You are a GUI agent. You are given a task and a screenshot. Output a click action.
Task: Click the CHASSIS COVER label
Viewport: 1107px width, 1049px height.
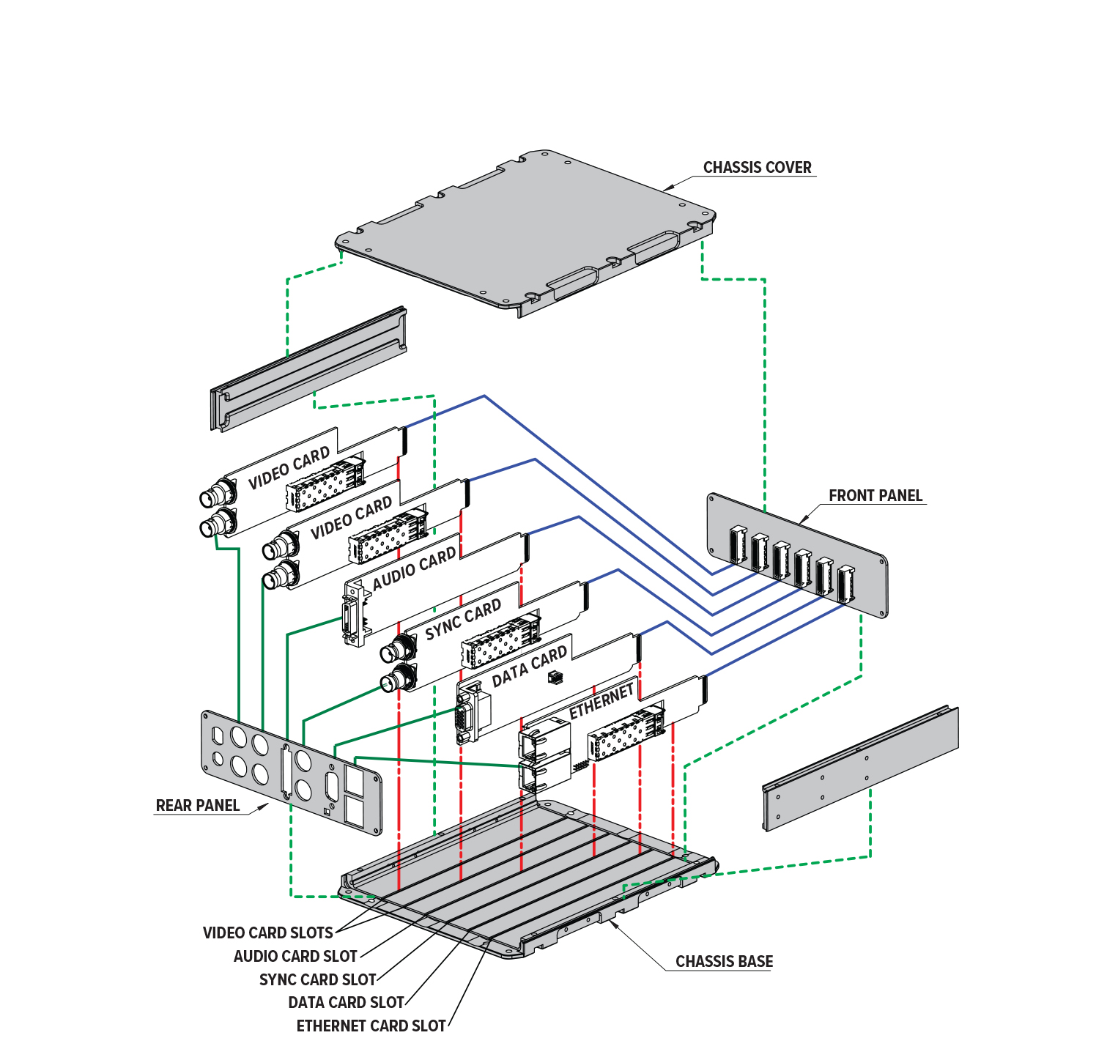tap(757, 168)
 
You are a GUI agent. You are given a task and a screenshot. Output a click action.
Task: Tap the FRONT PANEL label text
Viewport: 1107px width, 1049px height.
tap(875, 496)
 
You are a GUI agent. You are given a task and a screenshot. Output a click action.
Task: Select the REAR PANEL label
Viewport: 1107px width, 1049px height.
tap(197, 806)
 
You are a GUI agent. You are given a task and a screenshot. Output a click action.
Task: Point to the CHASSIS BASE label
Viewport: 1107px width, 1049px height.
tap(724, 962)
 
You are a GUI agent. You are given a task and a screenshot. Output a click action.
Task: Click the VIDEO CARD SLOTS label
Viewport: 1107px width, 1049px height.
tap(267, 933)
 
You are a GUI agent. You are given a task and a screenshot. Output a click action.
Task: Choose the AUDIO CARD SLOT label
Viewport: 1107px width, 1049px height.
tap(295, 957)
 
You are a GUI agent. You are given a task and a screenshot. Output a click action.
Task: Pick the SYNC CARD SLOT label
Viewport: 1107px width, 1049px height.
tap(317, 980)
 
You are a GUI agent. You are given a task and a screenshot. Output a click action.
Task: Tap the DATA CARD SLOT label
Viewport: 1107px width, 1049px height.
tap(346, 1003)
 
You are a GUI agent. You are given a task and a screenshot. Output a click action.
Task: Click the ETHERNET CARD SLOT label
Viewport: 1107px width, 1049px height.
tap(371, 1026)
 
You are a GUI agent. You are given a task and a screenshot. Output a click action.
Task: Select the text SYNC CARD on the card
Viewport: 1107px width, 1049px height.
tap(463, 620)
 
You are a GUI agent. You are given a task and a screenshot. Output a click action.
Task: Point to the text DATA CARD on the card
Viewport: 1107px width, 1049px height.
tap(529, 667)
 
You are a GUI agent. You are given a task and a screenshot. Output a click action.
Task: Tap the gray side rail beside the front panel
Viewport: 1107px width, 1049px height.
tap(861, 769)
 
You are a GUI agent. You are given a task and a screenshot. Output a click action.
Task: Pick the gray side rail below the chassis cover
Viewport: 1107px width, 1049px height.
tap(308, 370)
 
